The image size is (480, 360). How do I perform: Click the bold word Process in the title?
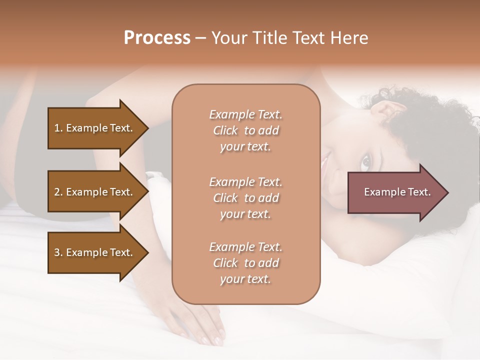point(157,38)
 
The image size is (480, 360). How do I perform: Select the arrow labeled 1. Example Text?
point(95,128)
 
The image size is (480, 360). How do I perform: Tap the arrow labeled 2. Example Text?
point(95,192)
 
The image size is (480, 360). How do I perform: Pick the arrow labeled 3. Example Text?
point(95,252)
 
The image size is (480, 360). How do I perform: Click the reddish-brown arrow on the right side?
point(395,192)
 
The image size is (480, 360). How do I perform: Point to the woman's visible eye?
point(366,161)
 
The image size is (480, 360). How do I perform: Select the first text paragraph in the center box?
point(245,130)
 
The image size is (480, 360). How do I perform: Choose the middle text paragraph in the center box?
point(245,198)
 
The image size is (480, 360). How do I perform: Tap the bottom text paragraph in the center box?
point(245,263)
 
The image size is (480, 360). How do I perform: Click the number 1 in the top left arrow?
point(57,128)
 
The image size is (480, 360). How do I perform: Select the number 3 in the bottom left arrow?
point(57,252)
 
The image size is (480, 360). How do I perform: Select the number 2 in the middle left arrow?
point(57,192)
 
